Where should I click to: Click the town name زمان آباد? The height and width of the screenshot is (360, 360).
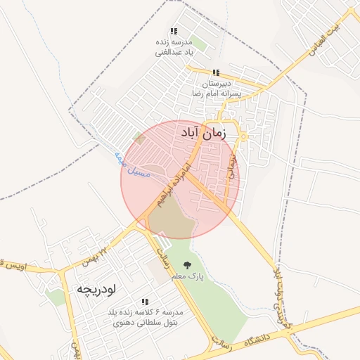(204, 133)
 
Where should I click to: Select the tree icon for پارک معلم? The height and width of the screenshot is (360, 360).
(188, 265)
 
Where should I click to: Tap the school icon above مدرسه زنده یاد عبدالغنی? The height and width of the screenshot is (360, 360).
(174, 32)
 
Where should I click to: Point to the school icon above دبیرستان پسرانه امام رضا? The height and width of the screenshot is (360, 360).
(216, 72)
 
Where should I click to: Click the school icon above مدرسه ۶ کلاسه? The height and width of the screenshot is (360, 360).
(145, 301)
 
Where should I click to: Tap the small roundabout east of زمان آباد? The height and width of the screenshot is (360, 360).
(243, 135)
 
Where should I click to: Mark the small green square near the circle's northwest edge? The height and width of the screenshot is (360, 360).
(139, 138)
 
